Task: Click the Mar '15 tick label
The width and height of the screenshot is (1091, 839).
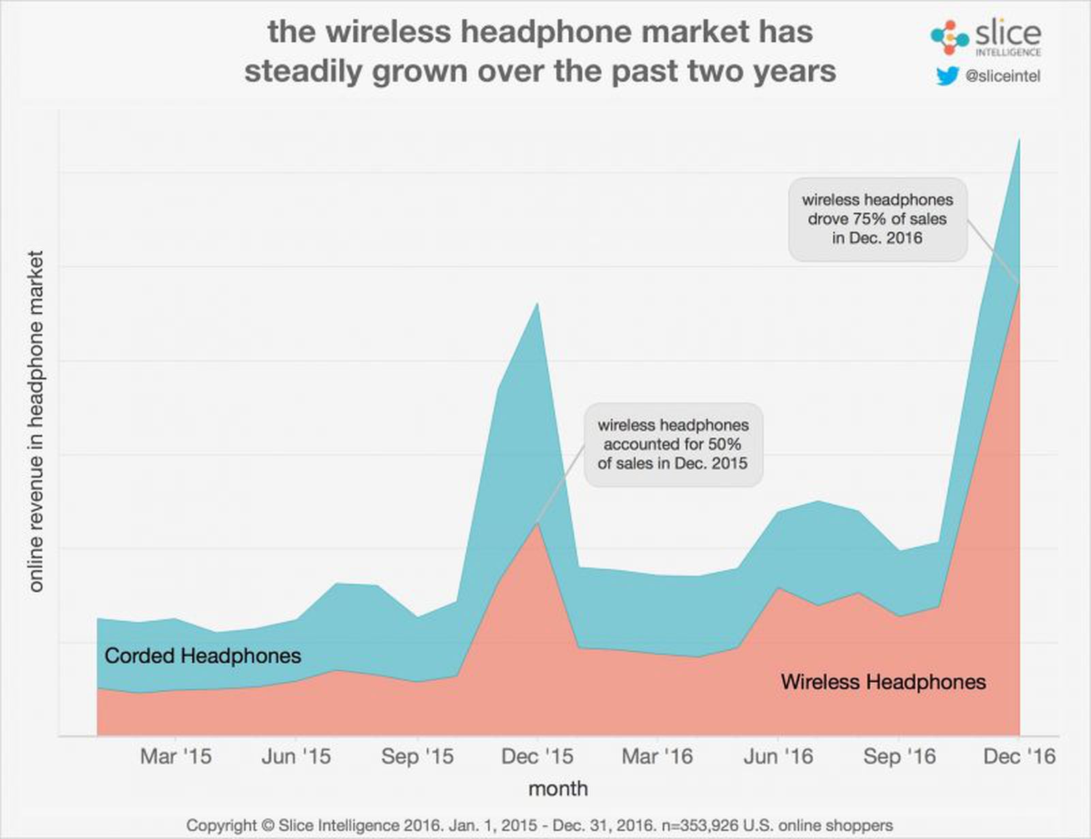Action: tap(176, 756)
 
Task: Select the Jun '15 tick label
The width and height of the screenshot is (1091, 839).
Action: tap(296, 756)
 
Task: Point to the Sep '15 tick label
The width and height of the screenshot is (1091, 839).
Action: tap(417, 756)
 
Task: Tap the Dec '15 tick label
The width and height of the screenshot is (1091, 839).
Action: tap(537, 756)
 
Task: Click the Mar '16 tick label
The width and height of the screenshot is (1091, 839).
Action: tap(657, 756)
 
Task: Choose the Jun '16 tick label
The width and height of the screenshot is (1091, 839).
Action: tap(778, 756)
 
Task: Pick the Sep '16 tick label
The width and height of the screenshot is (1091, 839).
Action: tap(899, 756)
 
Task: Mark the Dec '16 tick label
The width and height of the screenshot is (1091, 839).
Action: tap(1019, 756)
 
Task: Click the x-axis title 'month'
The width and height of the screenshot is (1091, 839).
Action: tap(558, 789)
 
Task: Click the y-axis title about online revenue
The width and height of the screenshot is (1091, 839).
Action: tap(35, 421)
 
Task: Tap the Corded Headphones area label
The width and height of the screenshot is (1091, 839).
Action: tap(203, 656)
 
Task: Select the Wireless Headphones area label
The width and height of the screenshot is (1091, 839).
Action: tap(883, 681)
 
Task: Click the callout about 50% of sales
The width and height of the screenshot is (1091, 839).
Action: tap(673, 444)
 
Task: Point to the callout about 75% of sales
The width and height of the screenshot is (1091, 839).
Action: tap(878, 219)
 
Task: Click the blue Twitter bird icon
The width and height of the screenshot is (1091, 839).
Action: tap(948, 76)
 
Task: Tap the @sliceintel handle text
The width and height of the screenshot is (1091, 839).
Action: tap(1003, 76)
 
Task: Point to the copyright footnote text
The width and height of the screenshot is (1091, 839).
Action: tap(539, 825)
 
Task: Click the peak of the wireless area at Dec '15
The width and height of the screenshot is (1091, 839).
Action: tap(538, 524)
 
